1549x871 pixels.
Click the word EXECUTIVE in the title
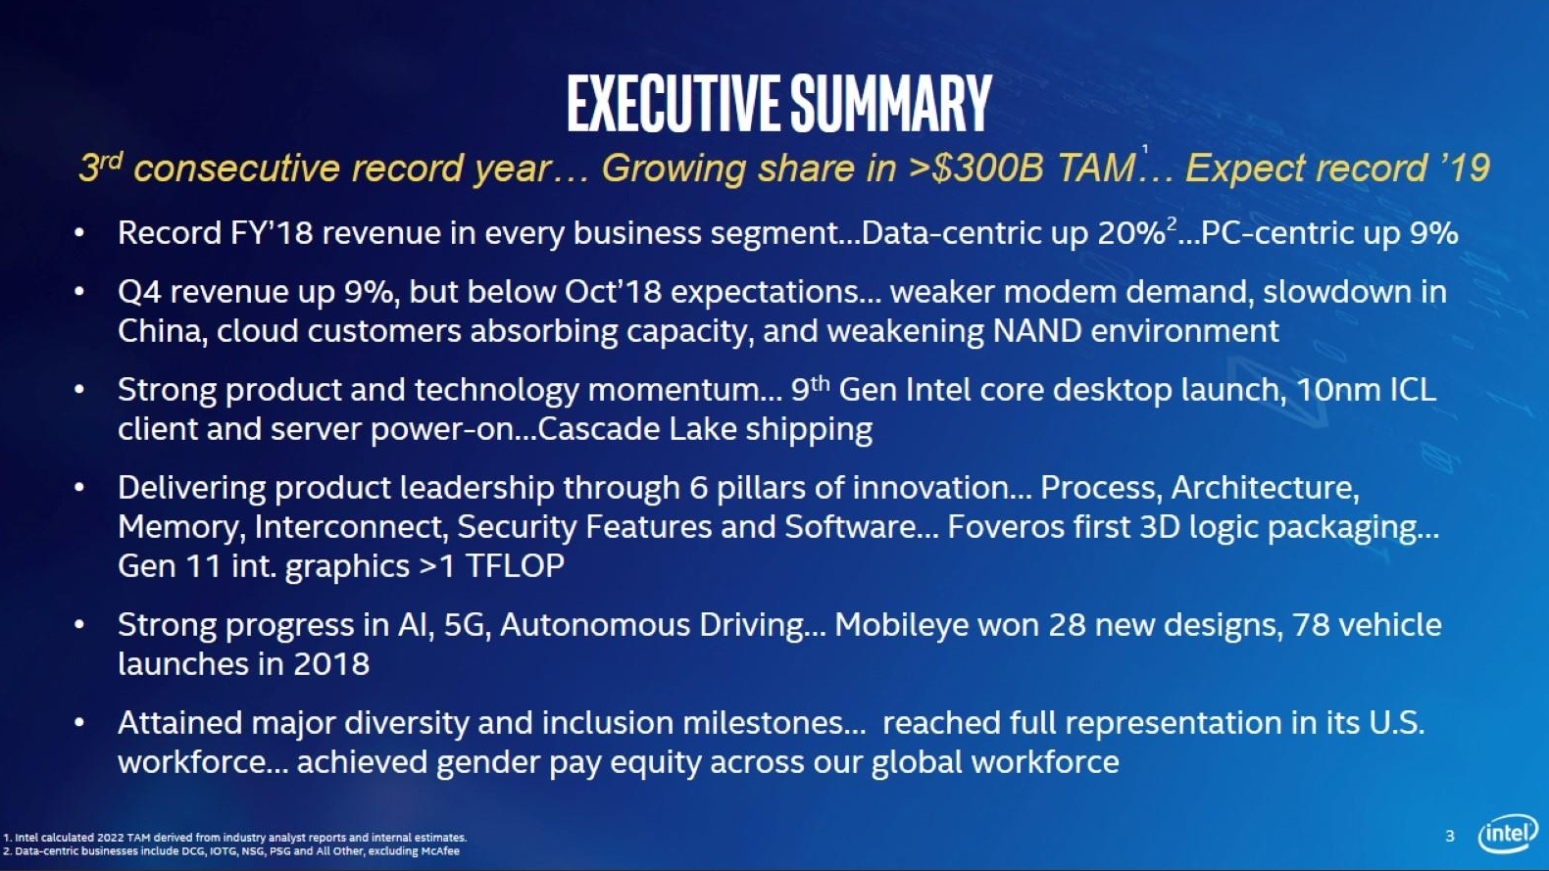(675, 104)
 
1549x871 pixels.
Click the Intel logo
(1508, 835)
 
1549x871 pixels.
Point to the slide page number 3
(1450, 836)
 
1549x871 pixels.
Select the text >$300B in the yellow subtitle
(975, 168)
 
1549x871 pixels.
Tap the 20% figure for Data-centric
(1131, 233)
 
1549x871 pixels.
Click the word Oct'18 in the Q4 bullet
(614, 292)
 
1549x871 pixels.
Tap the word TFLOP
(515, 566)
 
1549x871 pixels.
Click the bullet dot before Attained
(79, 723)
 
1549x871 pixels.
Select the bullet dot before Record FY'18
(79, 233)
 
